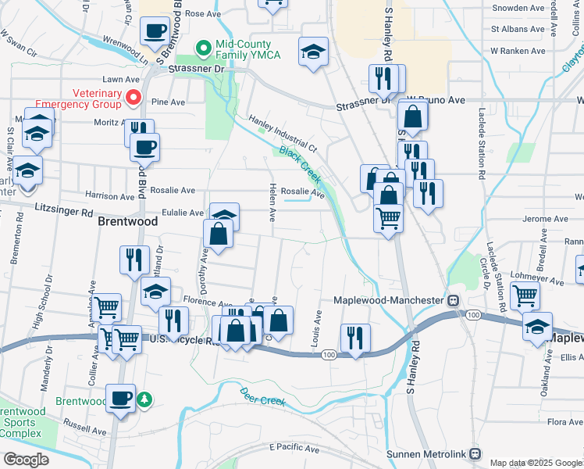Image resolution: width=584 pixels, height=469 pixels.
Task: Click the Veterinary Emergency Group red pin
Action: click(133, 98)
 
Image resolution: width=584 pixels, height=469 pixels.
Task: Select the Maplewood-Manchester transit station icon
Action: click(452, 300)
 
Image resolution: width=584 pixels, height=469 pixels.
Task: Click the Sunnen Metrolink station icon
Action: click(475, 454)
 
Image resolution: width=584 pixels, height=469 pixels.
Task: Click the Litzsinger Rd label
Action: click(65, 211)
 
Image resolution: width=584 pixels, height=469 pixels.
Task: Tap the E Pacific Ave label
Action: click(294, 449)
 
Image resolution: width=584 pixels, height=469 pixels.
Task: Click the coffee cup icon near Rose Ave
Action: click(154, 31)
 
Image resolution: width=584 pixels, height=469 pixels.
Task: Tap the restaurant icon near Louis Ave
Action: click(355, 338)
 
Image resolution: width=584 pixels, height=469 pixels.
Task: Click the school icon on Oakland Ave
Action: click(537, 326)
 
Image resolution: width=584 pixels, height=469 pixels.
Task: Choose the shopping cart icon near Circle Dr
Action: click(525, 296)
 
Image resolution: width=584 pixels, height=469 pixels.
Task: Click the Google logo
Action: click(26, 459)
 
